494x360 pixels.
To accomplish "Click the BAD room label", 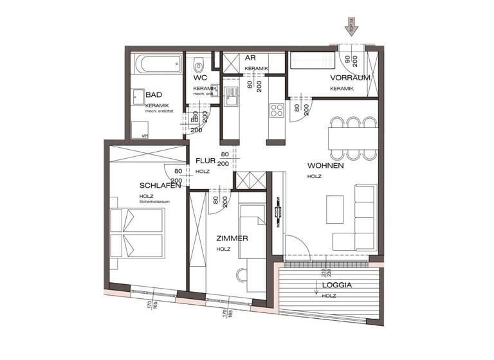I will pos(154,94).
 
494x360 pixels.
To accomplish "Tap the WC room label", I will pos(199,78).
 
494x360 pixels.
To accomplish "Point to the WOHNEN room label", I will pos(325,165).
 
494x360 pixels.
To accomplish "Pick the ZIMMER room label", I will pos(232,238).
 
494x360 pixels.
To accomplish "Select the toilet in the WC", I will pos(200,65).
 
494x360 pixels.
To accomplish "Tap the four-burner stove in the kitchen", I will pos(277,110).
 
